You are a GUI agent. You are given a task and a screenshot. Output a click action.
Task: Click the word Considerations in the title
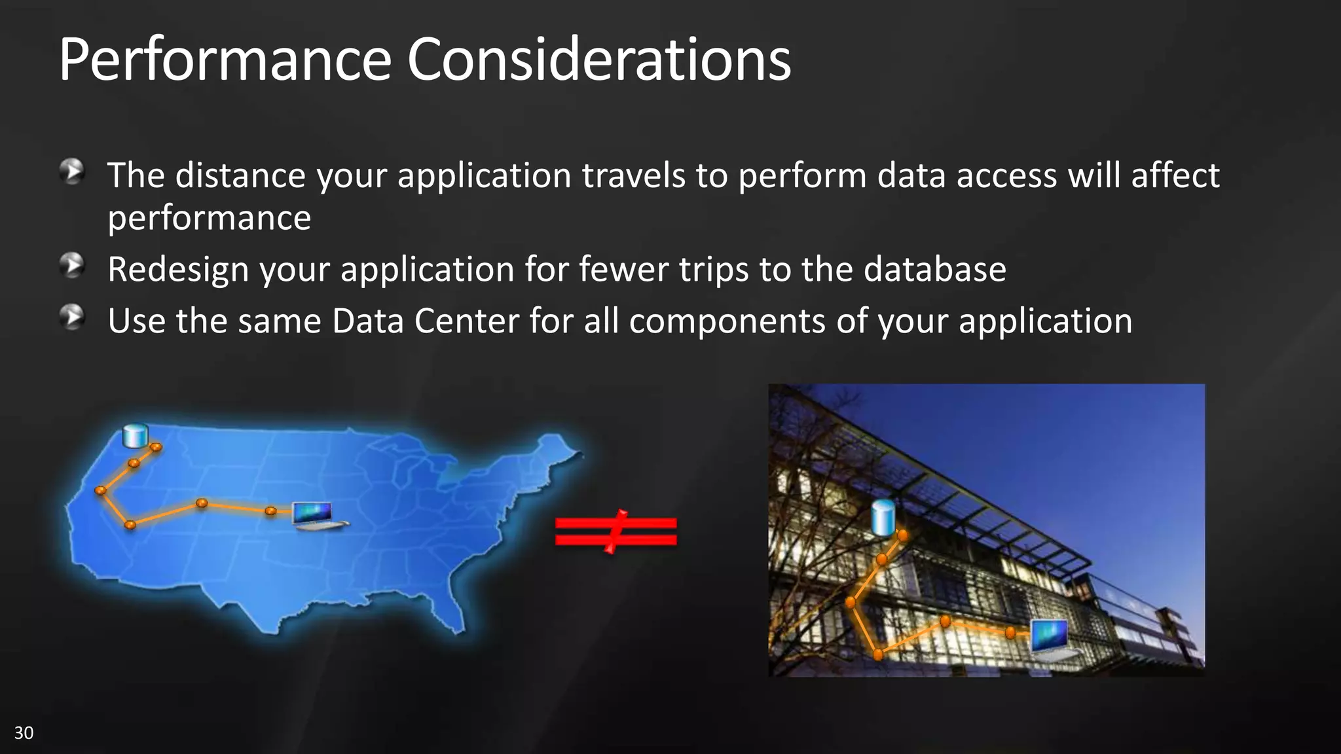tap(598, 60)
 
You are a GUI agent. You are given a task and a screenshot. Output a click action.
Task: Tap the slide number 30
tap(24, 732)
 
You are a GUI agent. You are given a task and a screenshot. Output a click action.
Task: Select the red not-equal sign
tap(615, 531)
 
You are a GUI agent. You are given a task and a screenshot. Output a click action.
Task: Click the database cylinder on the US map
tap(136, 436)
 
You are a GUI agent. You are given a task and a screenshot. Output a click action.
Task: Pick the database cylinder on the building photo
tap(883, 517)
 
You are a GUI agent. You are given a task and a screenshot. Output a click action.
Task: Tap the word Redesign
tap(178, 270)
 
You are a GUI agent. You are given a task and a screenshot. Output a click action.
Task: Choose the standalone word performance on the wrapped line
tap(210, 218)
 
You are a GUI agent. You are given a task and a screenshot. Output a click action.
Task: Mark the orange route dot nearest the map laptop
tap(270, 511)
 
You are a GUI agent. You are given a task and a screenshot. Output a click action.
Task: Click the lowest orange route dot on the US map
tap(130, 524)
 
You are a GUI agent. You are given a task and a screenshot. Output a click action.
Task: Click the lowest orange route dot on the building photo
tap(878, 654)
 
